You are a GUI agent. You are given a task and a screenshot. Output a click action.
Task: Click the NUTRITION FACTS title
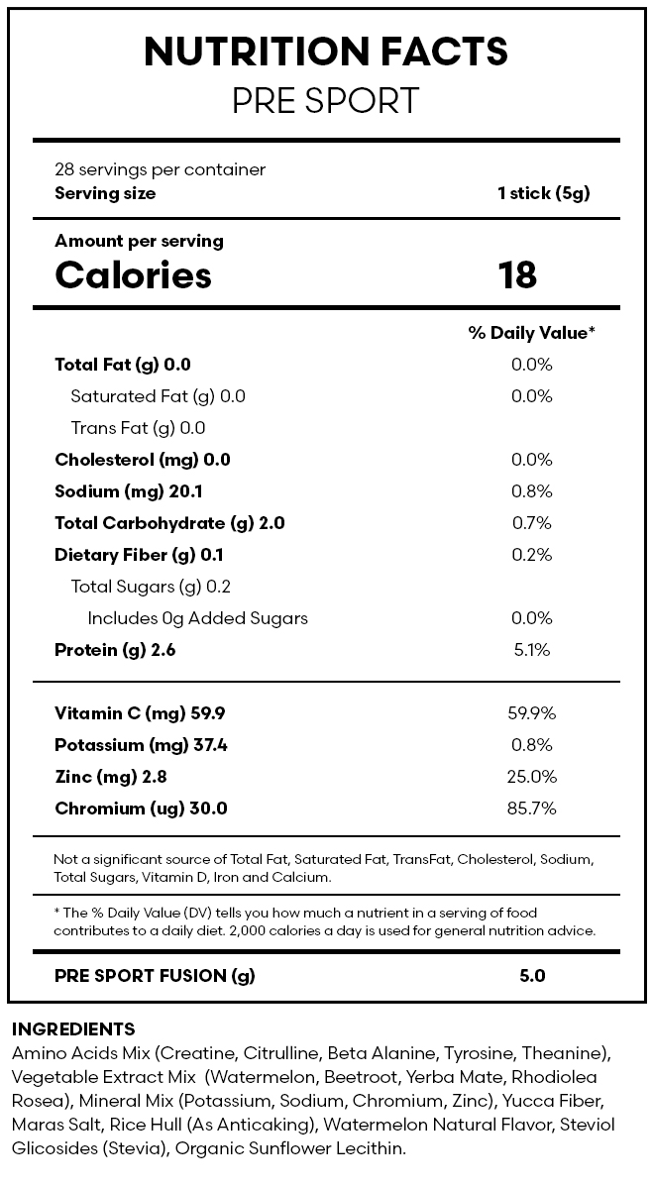[x=326, y=53]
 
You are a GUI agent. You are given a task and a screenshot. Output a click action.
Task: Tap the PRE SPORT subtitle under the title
[x=326, y=101]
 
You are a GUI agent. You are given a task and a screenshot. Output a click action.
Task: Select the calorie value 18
[x=517, y=274]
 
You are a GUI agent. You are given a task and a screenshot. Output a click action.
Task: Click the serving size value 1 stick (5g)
[x=543, y=193]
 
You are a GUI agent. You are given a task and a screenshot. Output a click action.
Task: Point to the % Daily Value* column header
[x=532, y=333]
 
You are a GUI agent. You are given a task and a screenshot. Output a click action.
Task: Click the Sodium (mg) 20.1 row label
[x=129, y=491]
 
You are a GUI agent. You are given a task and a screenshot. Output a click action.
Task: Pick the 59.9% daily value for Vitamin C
[x=532, y=713]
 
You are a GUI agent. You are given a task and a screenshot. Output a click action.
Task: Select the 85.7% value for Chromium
[x=532, y=809]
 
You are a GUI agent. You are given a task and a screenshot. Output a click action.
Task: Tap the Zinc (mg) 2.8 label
[x=111, y=778]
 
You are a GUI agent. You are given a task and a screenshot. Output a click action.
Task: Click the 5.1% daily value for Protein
[x=532, y=649]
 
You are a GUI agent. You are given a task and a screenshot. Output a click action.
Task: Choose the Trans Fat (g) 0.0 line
[x=138, y=428]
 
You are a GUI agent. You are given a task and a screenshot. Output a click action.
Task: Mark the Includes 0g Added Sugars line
[x=198, y=618]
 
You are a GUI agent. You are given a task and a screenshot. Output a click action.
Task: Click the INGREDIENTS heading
[x=73, y=1028]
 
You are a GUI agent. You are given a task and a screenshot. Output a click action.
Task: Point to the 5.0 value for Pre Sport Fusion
[x=532, y=976]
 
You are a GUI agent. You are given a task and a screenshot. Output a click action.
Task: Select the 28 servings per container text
[x=160, y=169]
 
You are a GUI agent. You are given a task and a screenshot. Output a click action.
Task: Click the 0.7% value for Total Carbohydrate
[x=532, y=523]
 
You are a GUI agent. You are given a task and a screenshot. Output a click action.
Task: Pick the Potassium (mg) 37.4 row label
[x=141, y=745]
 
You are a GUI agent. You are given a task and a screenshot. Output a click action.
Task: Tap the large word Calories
[x=134, y=274]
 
